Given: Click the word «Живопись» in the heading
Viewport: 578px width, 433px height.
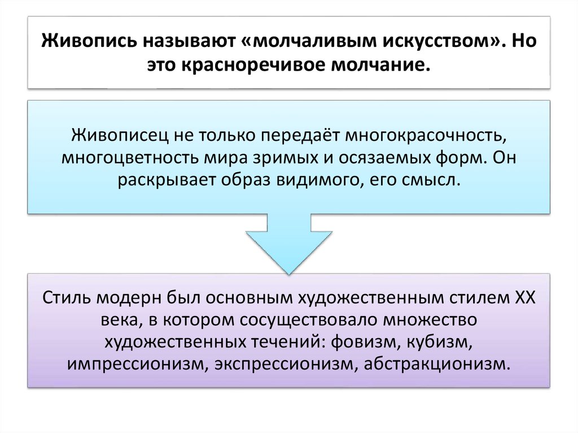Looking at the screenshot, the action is click(x=79, y=42).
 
